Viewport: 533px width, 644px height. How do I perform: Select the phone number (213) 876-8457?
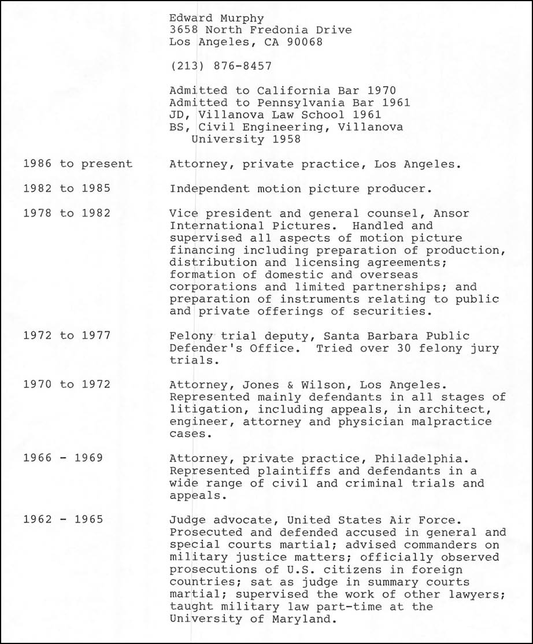[x=220, y=66]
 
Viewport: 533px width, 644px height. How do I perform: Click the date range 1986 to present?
[x=77, y=164]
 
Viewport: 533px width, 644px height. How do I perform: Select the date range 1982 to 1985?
[x=66, y=188]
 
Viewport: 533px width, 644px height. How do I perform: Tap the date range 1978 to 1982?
[x=66, y=213]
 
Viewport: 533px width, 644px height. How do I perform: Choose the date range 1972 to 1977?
[x=66, y=335]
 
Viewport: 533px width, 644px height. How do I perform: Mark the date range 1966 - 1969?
[x=63, y=458]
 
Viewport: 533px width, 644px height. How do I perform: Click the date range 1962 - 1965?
[x=63, y=519]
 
